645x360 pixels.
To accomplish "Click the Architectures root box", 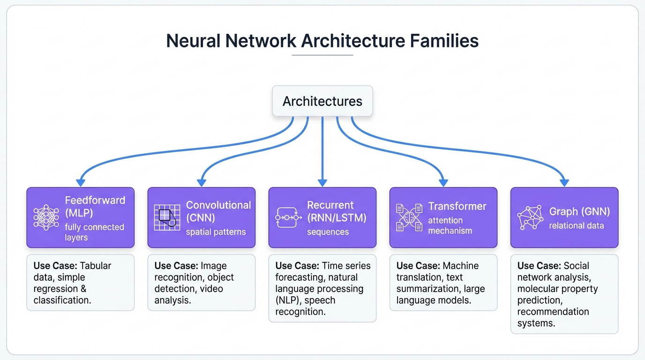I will [x=322, y=101].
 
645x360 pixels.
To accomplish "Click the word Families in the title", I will [x=444, y=41].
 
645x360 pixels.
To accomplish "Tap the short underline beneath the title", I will [x=322, y=55].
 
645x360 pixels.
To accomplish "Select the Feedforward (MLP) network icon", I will [x=46, y=218].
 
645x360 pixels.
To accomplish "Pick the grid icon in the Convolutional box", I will [x=167, y=217].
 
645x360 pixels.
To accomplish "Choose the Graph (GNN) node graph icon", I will [x=530, y=218].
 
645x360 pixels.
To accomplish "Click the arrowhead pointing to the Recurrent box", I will [x=322, y=182].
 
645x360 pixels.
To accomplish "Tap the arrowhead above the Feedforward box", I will [x=81, y=182].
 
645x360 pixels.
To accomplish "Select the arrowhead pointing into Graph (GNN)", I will [x=564, y=182].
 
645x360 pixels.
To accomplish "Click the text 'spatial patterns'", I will [x=216, y=232].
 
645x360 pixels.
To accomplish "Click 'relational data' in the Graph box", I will [x=576, y=225].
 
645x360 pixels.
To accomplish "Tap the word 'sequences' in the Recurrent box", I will [x=328, y=232].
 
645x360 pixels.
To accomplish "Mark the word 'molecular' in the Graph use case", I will [x=540, y=289].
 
